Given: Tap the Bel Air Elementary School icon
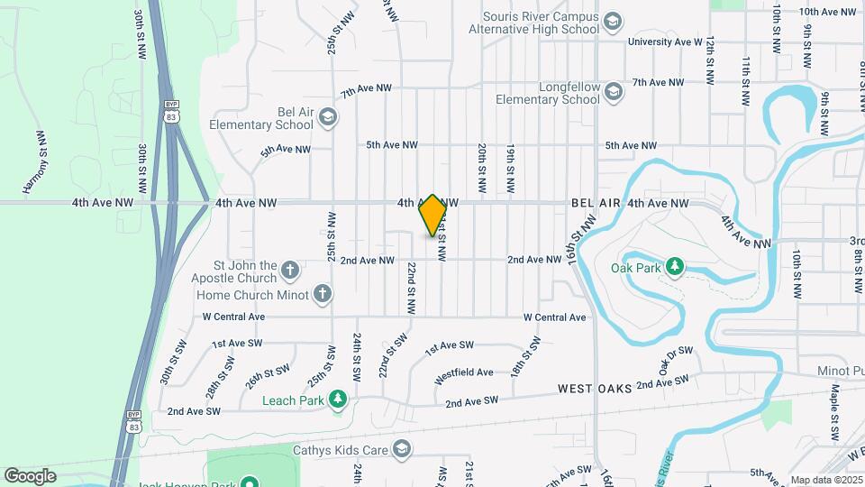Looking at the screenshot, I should (327, 116).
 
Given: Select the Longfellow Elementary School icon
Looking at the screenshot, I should (614, 91).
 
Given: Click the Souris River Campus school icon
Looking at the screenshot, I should (614, 21).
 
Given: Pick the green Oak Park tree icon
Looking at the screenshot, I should (674, 266).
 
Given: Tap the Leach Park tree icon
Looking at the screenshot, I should (338, 399).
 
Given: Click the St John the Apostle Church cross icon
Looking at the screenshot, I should (290, 269).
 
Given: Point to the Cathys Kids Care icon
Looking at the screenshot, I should (402, 448).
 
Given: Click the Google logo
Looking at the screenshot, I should (30, 476).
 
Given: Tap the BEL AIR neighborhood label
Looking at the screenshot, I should (596, 204).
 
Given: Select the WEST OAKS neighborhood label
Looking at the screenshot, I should (594, 389).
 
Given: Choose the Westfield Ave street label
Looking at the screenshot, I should (464, 372).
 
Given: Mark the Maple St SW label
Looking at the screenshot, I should (835, 409).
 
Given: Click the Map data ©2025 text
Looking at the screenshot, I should (824, 480).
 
